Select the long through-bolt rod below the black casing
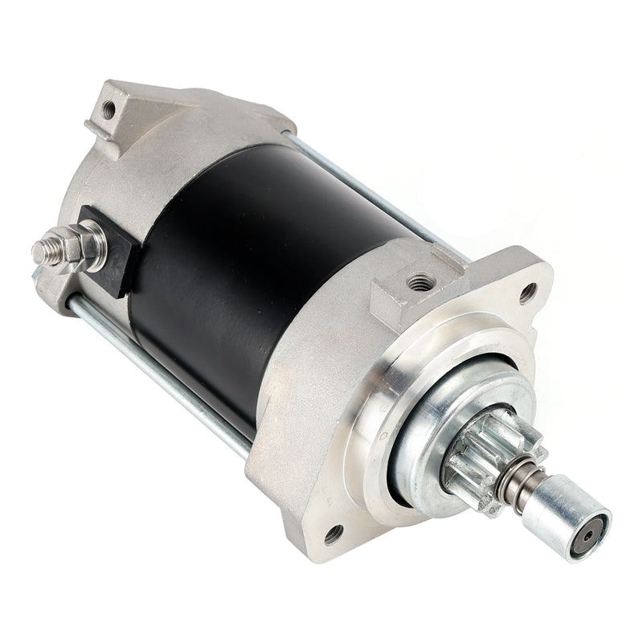(x=161, y=370)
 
